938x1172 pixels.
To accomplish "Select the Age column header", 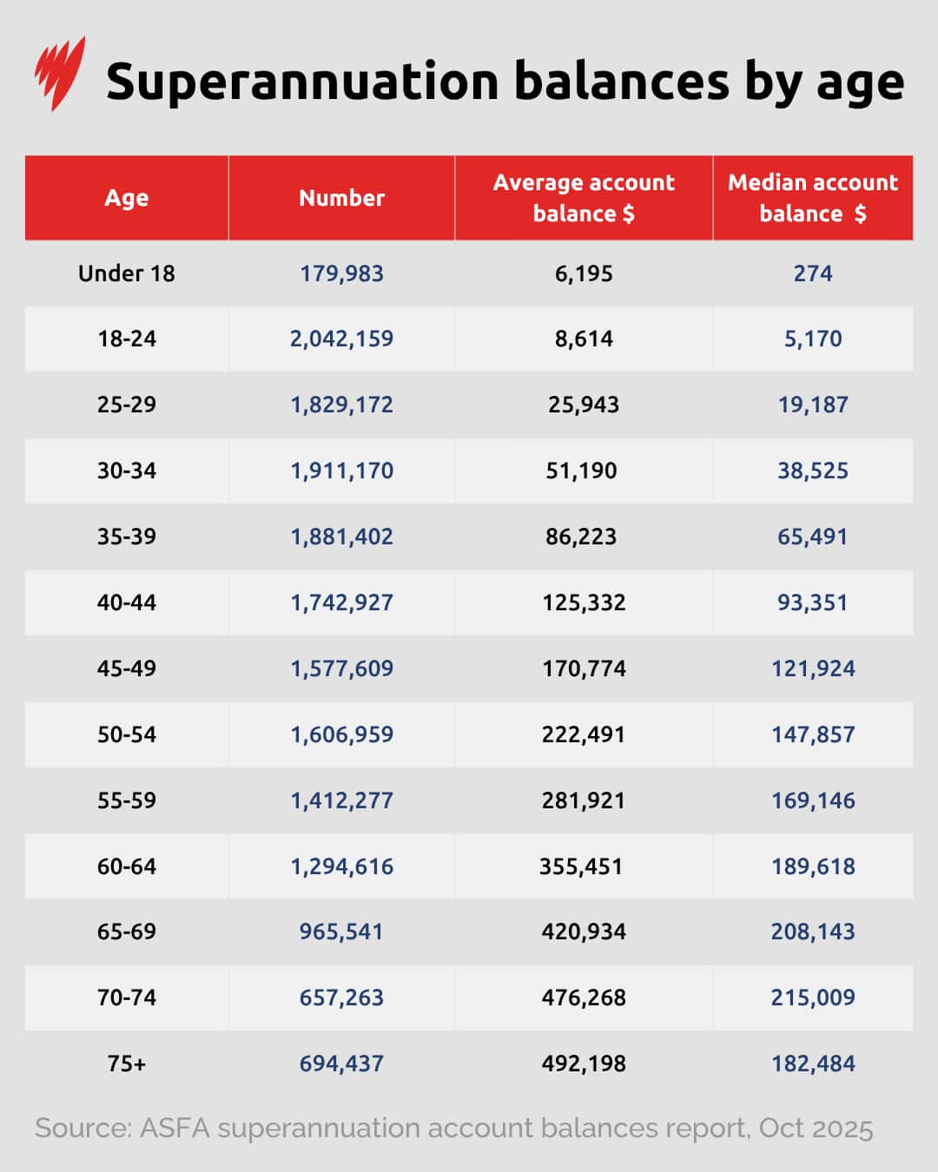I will (x=127, y=198).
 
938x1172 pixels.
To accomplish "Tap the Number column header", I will (x=341, y=198).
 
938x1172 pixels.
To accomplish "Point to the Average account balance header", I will (x=584, y=198).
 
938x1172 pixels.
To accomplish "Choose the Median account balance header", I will (x=813, y=198).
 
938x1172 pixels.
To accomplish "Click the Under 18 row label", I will (x=127, y=273).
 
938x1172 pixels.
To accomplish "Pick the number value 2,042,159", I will (x=341, y=339).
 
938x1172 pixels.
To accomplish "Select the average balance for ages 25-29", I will (x=584, y=405).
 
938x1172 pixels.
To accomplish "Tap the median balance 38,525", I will (x=813, y=471).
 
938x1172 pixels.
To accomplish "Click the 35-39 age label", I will (x=127, y=537).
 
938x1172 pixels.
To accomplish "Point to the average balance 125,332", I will (x=584, y=602).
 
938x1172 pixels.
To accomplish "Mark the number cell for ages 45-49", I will (x=341, y=668).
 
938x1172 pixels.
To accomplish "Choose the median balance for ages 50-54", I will (x=813, y=734).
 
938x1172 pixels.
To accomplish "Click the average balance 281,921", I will (x=584, y=800).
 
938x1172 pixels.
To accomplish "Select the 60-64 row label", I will (x=127, y=866).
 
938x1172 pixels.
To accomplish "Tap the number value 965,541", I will (x=341, y=932).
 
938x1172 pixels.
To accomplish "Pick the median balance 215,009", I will (x=813, y=998).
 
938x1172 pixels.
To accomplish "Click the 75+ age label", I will (x=127, y=1063).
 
